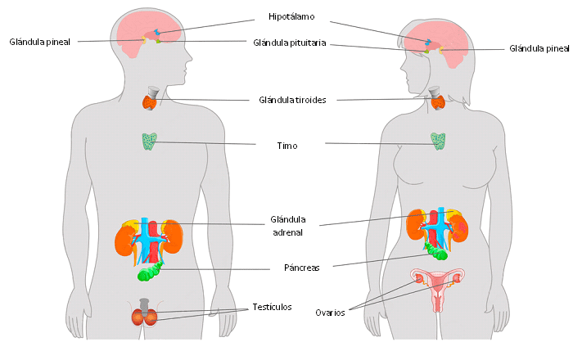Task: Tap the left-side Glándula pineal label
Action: pyautogui.click(x=40, y=41)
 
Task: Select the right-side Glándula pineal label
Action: pyautogui.click(x=539, y=48)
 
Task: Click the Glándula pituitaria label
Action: pyautogui.click(x=291, y=43)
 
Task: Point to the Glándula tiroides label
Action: pyautogui.click(x=292, y=100)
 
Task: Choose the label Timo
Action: pyautogui.click(x=286, y=146)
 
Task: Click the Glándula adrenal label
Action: pyautogui.click(x=287, y=225)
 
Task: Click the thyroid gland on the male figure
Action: pyautogui.click(x=151, y=102)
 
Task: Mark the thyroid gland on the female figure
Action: pyautogui.click(x=438, y=102)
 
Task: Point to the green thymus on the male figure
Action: pyautogui.click(x=149, y=142)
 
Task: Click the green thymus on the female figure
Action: pyautogui.click(x=440, y=142)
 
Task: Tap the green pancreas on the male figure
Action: pyautogui.click(x=150, y=273)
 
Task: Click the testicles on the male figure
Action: pyautogui.click(x=144, y=316)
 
